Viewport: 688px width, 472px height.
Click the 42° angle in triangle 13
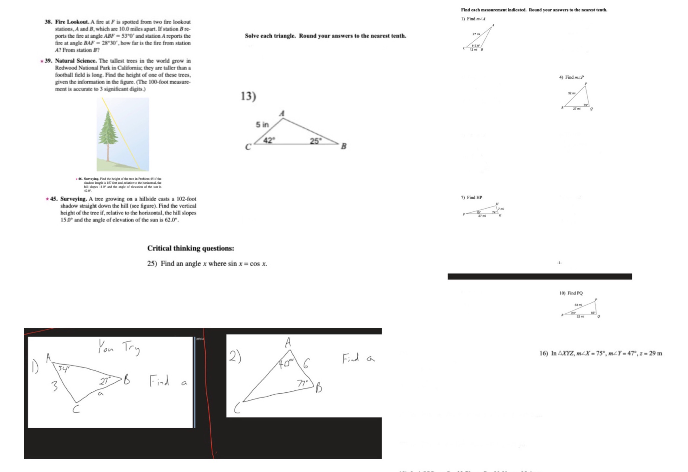[269, 140]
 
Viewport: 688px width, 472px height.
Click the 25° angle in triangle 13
[315, 141]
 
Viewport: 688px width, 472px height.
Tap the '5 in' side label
[262, 125]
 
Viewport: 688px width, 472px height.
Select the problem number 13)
[248, 96]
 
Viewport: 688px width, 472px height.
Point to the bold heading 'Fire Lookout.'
[72, 22]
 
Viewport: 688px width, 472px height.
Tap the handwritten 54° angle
[64, 369]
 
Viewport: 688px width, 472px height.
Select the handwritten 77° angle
[302, 384]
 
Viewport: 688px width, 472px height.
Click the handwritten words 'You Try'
[119, 347]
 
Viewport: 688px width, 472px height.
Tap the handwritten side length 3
[55, 386]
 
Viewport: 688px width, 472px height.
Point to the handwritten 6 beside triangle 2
[306, 363]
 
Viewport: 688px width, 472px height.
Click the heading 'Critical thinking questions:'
[191, 248]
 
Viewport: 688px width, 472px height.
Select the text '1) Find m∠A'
[473, 19]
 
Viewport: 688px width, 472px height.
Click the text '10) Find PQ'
[571, 293]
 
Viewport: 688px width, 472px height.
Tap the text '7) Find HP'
[471, 197]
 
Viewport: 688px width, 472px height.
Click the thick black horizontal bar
[539, 276]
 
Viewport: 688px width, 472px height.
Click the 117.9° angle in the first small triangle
[476, 46]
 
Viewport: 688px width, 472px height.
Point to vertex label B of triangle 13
[344, 146]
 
